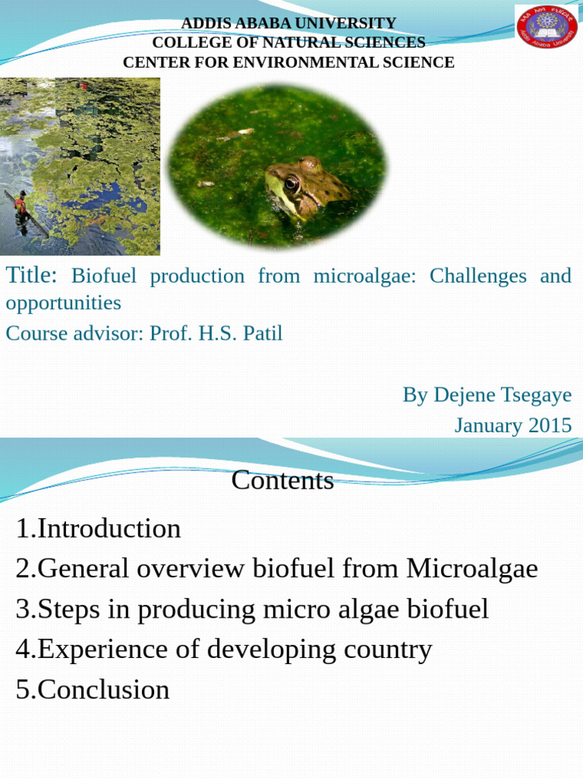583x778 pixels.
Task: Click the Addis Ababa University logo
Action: pyautogui.click(x=547, y=26)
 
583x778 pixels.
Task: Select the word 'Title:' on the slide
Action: pyautogui.click(x=32, y=275)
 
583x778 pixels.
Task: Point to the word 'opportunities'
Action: pyautogui.click(x=63, y=302)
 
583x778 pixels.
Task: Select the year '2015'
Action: pyautogui.click(x=550, y=425)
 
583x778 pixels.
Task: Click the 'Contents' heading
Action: pyautogui.click(x=282, y=480)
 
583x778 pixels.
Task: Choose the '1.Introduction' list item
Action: pyautogui.click(x=98, y=528)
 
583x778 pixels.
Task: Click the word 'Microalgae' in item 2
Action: pyautogui.click(x=471, y=568)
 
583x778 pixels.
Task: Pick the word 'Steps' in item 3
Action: pyautogui.click(x=71, y=609)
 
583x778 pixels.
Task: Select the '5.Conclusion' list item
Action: pyautogui.click(x=93, y=689)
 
